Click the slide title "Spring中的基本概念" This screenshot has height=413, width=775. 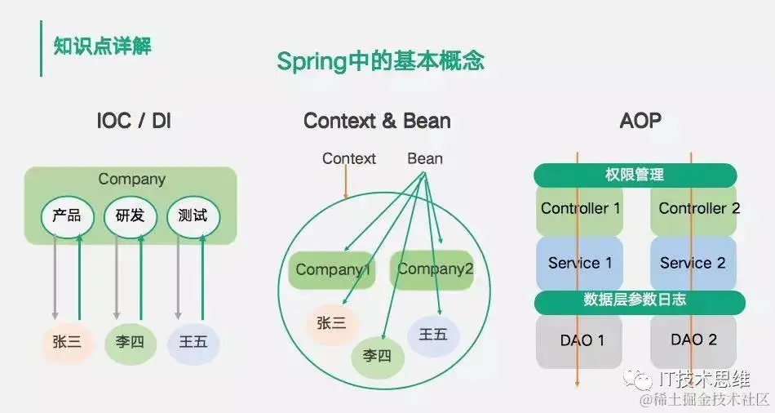point(381,61)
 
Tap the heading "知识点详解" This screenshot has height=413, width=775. point(102,46)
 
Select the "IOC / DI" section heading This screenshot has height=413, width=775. point(134,122)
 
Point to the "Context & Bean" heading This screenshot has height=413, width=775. point(377,122)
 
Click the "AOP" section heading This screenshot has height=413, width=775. point(640,122)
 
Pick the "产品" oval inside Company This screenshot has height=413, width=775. point(67,216)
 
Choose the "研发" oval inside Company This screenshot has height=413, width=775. point(130,216)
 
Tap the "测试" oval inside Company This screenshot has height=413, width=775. point(193,216)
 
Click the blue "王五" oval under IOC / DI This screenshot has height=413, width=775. point(193,342)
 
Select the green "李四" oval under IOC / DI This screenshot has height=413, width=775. point(131,342)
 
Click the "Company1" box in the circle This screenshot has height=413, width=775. point(333,269)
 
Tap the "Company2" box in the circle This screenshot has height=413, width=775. point(436,269)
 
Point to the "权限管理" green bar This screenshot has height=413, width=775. point(635,175)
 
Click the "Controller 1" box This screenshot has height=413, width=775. point(580,209)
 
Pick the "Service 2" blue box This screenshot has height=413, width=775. point(693,263)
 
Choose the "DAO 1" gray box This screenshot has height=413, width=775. point(580,340)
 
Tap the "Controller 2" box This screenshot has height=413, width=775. point(698,209)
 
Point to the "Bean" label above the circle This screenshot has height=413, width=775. point(425,158)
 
